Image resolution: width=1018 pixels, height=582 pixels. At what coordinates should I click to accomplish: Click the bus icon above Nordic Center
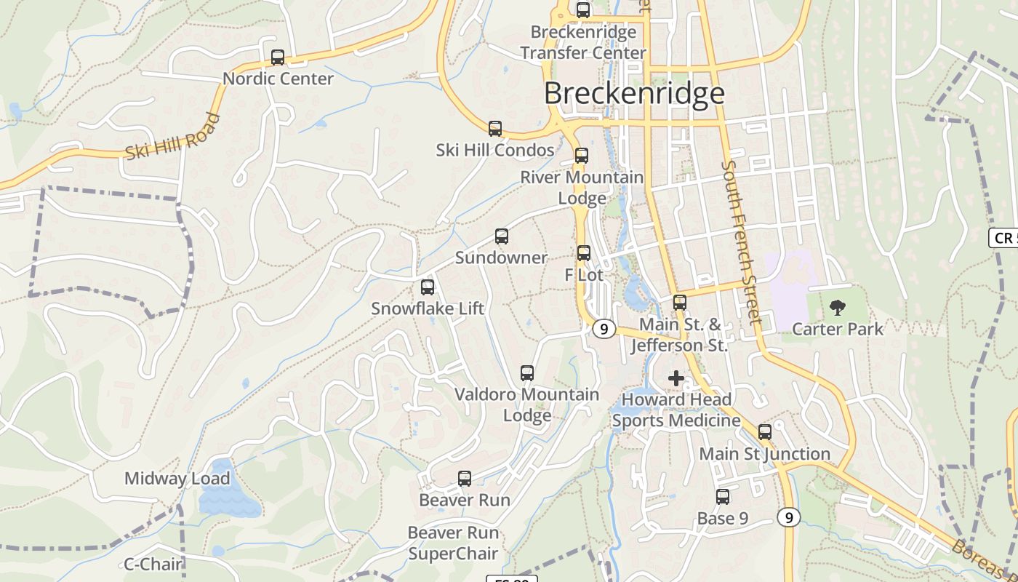[x=277, y=57]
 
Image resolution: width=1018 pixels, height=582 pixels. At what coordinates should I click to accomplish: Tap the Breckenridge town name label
[x=634, y=94]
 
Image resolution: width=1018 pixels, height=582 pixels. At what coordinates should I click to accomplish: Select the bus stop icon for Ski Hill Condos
[x=495, y=129]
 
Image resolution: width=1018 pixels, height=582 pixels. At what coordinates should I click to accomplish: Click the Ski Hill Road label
[x=172, y=137]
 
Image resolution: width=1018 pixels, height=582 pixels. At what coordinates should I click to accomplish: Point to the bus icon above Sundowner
[x=501, y=236]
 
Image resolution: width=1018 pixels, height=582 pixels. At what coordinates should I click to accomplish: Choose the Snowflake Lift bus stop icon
[x=428, y=287]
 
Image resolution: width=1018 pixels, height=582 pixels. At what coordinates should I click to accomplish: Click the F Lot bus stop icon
[x=584, y=253]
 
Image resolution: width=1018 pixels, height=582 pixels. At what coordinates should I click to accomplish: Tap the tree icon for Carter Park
[x=837, y=308]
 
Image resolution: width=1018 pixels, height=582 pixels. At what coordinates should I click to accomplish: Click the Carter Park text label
[x=838, y=329]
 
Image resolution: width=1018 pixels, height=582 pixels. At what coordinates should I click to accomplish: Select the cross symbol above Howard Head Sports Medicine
[x=676, y=378]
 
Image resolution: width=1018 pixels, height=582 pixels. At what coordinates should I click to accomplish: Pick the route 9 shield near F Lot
[x=604, y=329]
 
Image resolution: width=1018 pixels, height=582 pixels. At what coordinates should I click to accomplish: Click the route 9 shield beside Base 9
[x=788, y=517]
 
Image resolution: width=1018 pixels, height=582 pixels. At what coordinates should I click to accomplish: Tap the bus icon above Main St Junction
[x=764, y=432]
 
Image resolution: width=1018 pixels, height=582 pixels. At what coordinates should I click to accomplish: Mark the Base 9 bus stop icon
[x=722, y=497]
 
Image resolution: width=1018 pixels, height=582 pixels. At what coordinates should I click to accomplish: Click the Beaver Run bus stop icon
[x=465, y=479]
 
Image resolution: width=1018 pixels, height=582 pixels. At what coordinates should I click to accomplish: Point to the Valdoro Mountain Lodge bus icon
[x=527, y=373]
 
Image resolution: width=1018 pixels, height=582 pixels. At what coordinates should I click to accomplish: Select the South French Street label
[x=741, y=242]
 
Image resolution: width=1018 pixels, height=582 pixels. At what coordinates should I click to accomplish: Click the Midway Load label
[x=177, y=479]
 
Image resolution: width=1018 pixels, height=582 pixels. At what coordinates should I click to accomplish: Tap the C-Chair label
[x=153, y=564]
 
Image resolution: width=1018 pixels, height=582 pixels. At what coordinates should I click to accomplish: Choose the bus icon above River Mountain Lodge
[x=581, y=156]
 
